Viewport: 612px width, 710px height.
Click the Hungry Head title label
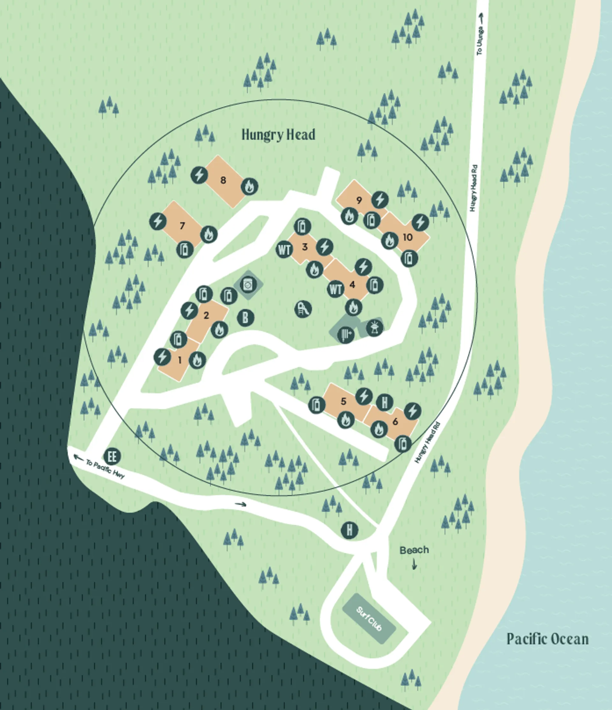[278, 135]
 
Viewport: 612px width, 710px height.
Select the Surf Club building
[369, 619]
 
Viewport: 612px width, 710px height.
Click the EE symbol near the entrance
[112, 456]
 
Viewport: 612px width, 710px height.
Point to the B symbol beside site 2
[245, 318]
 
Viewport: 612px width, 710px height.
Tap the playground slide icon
[303, 309]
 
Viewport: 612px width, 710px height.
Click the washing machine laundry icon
[248, 284]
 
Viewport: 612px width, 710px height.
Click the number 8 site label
[223, 180]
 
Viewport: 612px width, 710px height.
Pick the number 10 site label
[407, 237]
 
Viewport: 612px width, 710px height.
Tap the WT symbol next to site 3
[285, 249]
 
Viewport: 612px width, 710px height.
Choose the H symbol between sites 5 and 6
[384, 402]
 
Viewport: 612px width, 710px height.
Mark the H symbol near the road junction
[349, 530]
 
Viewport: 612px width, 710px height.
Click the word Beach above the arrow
[414, 550]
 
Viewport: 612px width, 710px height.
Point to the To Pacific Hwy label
[105, 469]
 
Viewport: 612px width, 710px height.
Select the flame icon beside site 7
[209, 235]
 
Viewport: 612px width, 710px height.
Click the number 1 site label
[180, 360]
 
